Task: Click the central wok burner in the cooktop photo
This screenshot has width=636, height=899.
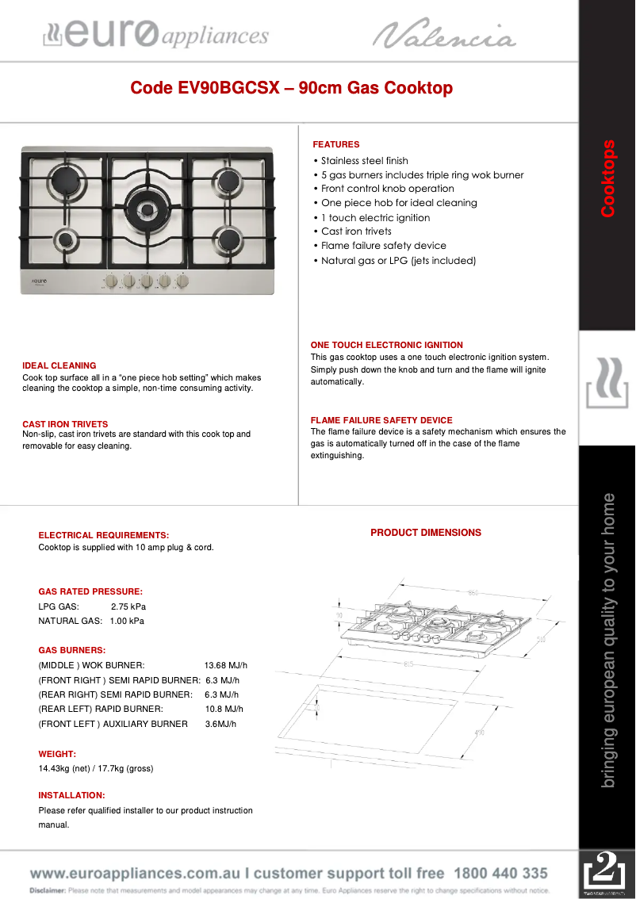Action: point(148,208)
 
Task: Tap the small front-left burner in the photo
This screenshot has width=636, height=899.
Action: point(63,239)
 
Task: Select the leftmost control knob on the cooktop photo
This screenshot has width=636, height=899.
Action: point(112,281)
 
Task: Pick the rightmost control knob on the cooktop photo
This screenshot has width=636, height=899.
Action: point(182,281)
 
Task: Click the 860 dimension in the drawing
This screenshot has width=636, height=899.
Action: point(473,593)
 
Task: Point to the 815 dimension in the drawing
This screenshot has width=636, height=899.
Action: point(409,663)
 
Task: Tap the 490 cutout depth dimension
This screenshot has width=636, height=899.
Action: point(479,733)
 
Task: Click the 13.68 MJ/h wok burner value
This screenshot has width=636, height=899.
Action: point(225,665)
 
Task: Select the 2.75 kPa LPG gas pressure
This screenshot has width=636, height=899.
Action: point(128,606)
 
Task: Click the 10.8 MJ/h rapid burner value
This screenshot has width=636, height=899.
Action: point(224,710)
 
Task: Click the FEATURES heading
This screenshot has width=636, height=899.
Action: point(335,144)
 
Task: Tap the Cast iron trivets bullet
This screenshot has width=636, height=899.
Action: point(355,231)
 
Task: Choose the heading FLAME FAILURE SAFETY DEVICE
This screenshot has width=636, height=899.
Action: point(381,420)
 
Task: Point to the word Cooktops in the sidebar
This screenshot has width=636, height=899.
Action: point(607,178)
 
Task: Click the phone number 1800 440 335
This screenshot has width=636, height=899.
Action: point(500,874)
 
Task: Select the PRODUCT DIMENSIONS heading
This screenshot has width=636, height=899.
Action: point(425,533)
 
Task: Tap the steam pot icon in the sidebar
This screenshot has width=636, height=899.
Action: point(607,384)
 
